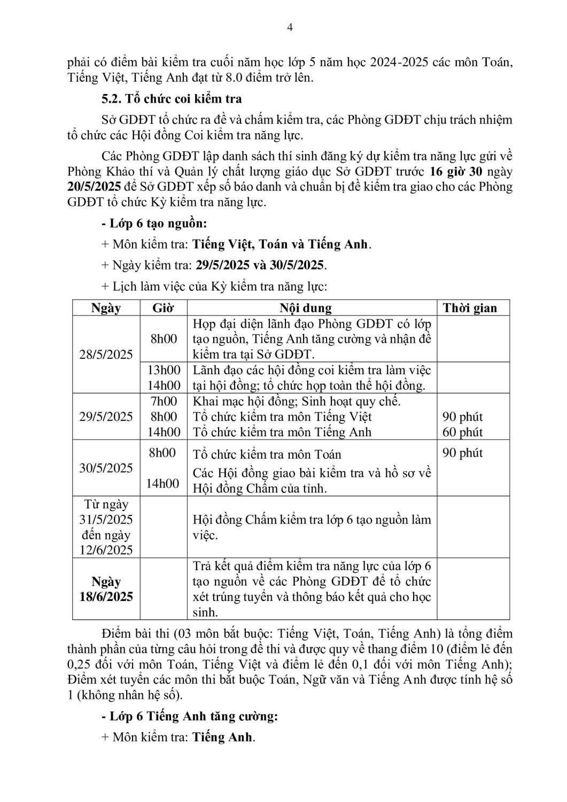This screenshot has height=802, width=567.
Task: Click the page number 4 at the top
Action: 290,28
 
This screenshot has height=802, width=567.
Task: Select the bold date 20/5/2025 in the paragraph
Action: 94,187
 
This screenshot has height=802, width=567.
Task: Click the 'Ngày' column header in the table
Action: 106,308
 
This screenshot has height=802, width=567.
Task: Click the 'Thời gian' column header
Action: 470,308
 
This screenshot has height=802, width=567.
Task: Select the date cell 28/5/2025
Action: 106,354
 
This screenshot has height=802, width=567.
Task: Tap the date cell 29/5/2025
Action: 106,417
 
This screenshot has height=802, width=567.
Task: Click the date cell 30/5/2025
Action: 106,468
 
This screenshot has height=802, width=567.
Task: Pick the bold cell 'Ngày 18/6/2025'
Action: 106,589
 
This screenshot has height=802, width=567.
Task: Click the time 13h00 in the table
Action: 164,370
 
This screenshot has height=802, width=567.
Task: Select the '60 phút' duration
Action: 463,432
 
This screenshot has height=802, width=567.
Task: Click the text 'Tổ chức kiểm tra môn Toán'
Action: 267,454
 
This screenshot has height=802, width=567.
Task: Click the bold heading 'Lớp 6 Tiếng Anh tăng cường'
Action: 193,716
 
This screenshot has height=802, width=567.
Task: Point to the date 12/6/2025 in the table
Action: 106,550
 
